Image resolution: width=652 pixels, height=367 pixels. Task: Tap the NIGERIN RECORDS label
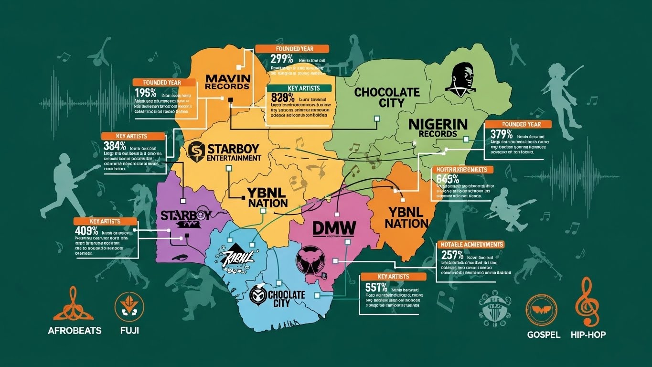[x=438, y=128]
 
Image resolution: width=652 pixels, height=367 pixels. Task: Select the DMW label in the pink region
[x=334, y=228]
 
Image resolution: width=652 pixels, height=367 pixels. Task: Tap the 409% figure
[x=86, y=231]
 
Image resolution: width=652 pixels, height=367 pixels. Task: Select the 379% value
[x=501, y=133]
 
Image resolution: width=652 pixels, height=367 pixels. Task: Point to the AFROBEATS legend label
[x=75, y=331]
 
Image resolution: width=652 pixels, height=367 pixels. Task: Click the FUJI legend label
[x=127, y=331]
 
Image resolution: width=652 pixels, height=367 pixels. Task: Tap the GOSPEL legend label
[x=543, y=335]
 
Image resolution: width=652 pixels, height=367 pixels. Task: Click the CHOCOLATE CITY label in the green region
[x=387, y=97]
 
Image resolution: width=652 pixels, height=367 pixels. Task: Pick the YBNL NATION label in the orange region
[x=406, y=217]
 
